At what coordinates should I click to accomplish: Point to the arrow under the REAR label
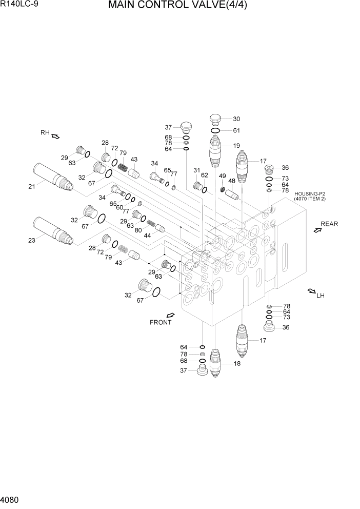pos(317,231)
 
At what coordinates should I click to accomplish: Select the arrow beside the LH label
pos(311,292)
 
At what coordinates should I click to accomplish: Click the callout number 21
pos(31,186)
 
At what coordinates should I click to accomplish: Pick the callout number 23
pos(31,240)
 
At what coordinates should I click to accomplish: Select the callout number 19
pos(236,146)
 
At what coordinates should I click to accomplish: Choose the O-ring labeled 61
pos(215,131)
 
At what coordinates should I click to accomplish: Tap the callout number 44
pos(147,235)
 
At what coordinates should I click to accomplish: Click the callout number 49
pos(222,176)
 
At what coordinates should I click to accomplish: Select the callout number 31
pos(196,170)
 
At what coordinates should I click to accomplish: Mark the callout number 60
pos(119,207)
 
